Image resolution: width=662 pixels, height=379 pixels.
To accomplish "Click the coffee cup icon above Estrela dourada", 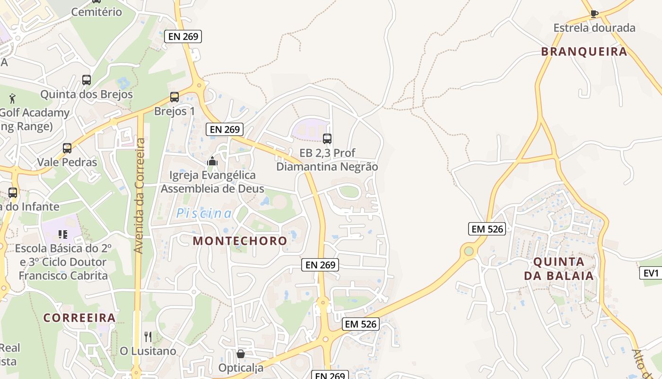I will [x=594, y=14].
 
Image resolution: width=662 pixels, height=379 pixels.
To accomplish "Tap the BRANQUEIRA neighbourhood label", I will [x=584, y=52].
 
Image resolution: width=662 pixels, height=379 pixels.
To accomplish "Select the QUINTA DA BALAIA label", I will [x=559, y=268].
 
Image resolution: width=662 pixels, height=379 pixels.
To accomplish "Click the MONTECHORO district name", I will [x=240, y=241].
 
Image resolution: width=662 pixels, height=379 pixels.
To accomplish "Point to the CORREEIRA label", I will [x=79, y=317].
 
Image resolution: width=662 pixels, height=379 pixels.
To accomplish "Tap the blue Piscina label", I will [x=204, y=214].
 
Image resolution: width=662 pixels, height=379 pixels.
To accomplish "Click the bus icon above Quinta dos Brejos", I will [x=86, y=80].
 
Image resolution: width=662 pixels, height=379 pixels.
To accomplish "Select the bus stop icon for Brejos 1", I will [x=174, y=97].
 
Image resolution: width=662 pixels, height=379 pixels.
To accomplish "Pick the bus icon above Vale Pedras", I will [x=67, y=148].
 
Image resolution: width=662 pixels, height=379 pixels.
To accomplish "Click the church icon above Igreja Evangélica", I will [x=212, y=162].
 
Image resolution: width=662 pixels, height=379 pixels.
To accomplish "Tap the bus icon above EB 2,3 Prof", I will [x=327, y=139].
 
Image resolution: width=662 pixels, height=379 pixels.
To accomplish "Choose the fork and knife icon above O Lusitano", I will [x=148, y=337].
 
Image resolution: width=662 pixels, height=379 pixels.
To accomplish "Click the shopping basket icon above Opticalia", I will [x=241, y=354].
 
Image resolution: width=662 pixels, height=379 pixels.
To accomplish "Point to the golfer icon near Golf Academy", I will [x=12, y=99].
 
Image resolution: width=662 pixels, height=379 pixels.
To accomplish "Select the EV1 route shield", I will [x=651, y=273].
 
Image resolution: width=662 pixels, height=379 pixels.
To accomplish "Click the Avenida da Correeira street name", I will [x=139, y=195].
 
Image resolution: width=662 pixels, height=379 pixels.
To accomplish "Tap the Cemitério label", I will [x=96, y=12].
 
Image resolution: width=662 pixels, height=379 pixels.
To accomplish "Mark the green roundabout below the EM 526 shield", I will [x=469, y=251].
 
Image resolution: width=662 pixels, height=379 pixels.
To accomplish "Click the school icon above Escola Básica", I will [x=62, y=234].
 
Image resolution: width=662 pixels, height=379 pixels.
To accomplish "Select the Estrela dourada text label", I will [x=594, y=28].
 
